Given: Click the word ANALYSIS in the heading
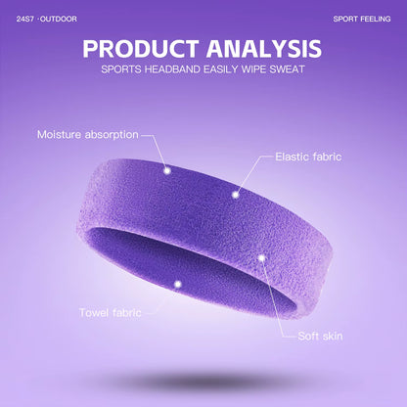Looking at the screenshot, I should point(262,48).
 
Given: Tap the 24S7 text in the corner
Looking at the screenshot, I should point(24,19).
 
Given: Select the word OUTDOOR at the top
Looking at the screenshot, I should point(60,19).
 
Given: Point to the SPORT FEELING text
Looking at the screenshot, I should point(361,19).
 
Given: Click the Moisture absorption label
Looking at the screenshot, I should point(88,134).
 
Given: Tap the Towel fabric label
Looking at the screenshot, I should point(111,312).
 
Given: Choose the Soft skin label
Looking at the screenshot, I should point(320,336).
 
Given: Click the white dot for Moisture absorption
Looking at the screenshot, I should point(166,170).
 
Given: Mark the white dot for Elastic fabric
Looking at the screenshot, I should point(235,193).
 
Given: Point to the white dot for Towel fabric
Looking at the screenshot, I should point(177,284).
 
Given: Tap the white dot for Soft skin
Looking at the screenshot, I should point(262,258).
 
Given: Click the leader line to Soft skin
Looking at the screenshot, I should point(280,299).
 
